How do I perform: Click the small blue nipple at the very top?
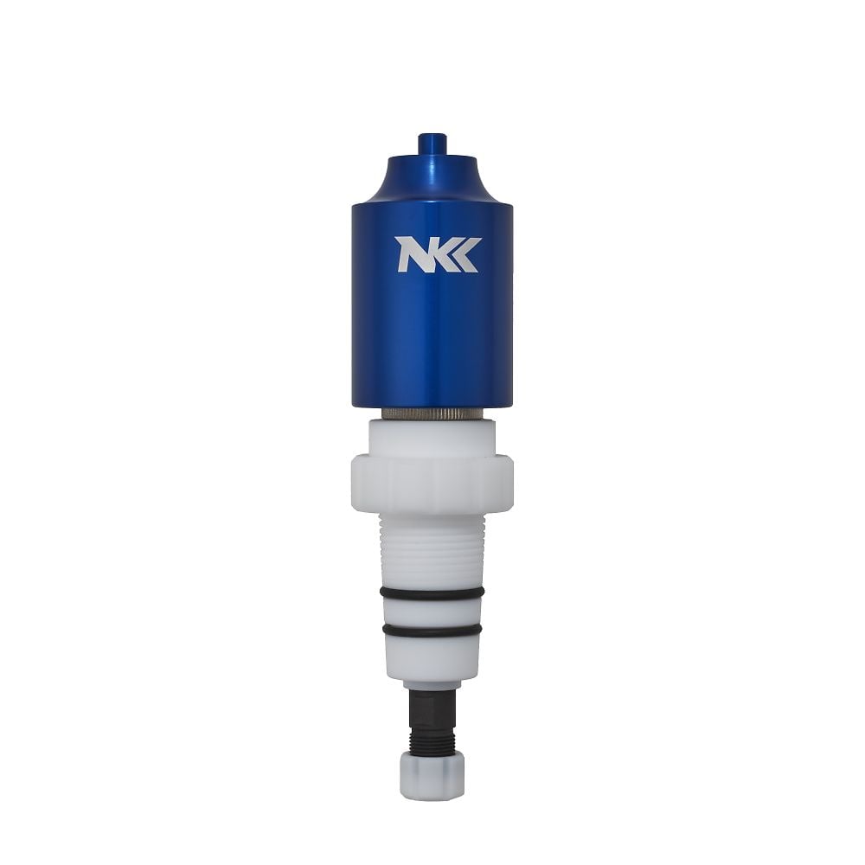(x=432, y=144)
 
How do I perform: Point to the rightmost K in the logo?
(x=468, y=254)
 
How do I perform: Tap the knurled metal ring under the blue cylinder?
(x=432, y=413)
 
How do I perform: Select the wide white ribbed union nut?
(x=432, y=484)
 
